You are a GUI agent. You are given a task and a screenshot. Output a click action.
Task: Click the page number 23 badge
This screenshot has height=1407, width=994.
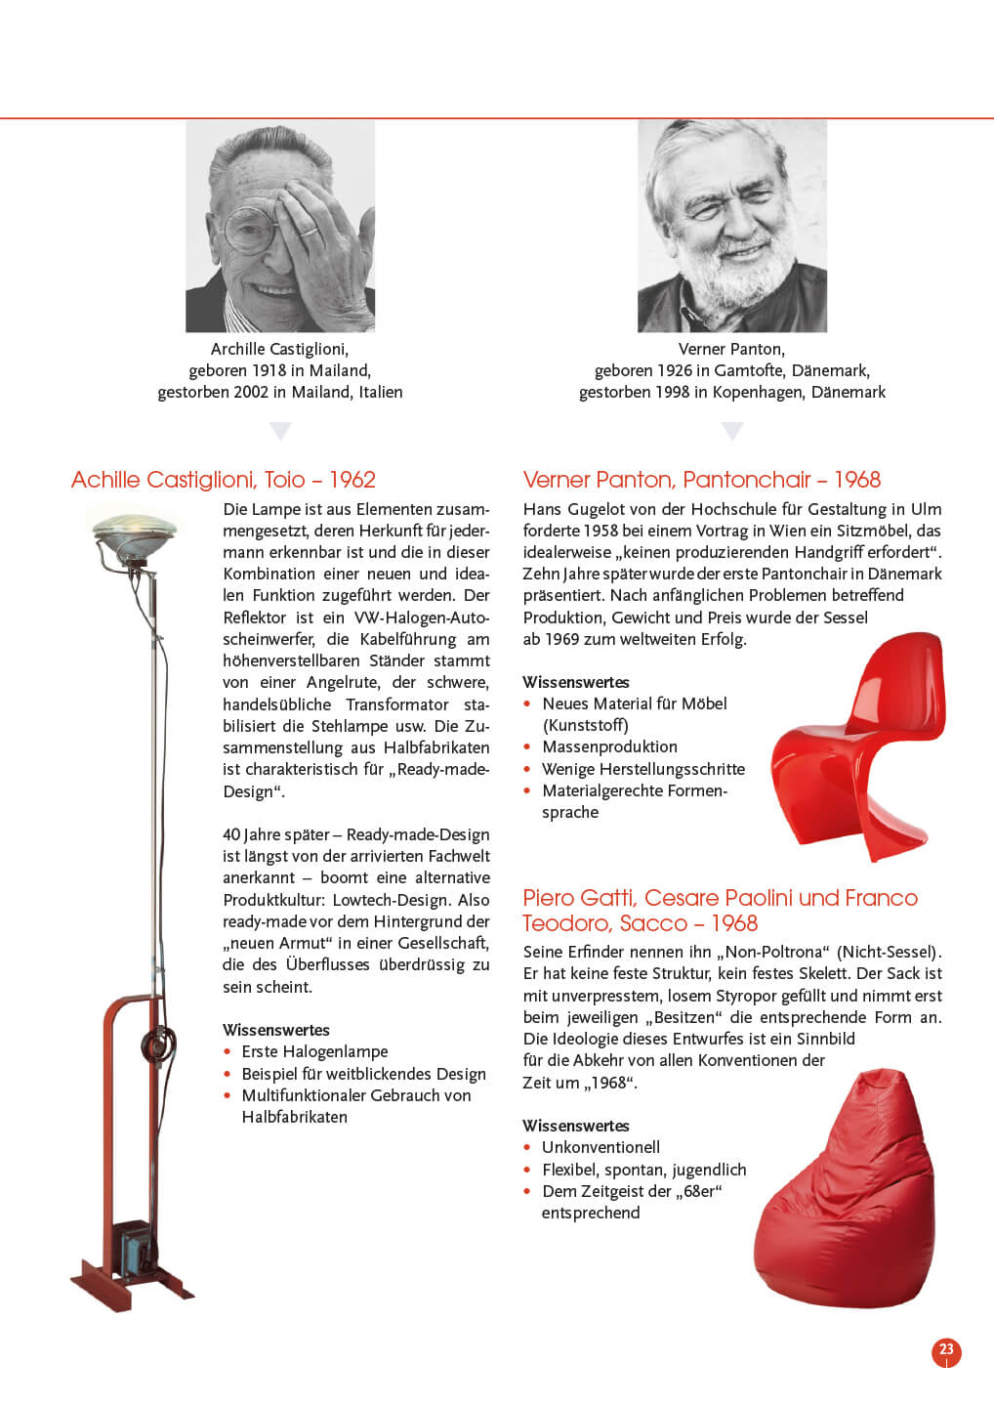946,1350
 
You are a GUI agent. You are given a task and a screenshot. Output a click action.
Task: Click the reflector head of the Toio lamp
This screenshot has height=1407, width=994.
135,532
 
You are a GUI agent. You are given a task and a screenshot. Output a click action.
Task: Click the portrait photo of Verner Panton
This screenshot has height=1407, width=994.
731,226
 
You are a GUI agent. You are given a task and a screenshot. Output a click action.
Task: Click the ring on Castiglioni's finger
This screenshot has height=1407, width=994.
308,232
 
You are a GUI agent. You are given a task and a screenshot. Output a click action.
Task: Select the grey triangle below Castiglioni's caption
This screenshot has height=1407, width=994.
280,430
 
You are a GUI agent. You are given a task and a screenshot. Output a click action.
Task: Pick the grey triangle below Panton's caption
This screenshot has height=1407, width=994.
731,430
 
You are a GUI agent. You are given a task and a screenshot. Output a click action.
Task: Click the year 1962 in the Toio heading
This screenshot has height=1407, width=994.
352,480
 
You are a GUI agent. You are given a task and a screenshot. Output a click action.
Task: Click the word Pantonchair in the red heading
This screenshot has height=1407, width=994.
747,480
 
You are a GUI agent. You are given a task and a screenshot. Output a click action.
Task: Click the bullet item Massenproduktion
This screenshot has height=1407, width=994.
609,746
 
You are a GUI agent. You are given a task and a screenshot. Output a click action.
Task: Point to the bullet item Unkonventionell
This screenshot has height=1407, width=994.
601,1147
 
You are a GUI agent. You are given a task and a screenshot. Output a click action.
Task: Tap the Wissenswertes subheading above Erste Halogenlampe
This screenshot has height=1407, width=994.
276,1030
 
